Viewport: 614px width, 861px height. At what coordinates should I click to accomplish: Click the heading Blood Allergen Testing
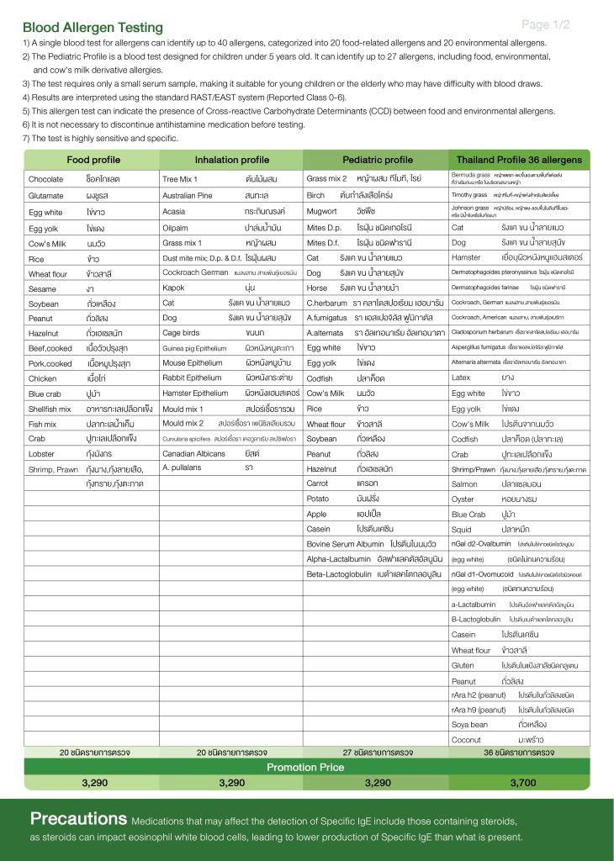93,28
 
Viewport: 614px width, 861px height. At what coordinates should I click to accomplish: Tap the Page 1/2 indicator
545,24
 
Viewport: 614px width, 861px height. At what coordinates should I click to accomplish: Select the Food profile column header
93,160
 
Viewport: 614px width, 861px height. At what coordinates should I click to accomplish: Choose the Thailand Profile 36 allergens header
518,160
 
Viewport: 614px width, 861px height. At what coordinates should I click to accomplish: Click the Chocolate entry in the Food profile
45,179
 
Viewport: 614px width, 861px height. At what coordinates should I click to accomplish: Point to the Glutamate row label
47,195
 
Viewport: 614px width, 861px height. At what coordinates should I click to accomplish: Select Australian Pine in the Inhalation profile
191,195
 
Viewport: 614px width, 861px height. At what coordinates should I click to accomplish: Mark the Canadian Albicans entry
194,453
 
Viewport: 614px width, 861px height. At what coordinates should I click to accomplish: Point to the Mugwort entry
321,211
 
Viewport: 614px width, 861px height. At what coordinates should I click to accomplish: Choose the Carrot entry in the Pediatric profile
318,483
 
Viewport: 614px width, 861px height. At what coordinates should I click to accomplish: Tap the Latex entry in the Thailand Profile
462,378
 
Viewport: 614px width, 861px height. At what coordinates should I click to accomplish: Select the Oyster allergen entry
464,499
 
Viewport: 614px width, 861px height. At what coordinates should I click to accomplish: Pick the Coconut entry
468,739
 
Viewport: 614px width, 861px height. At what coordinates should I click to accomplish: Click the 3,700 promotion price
522,782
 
